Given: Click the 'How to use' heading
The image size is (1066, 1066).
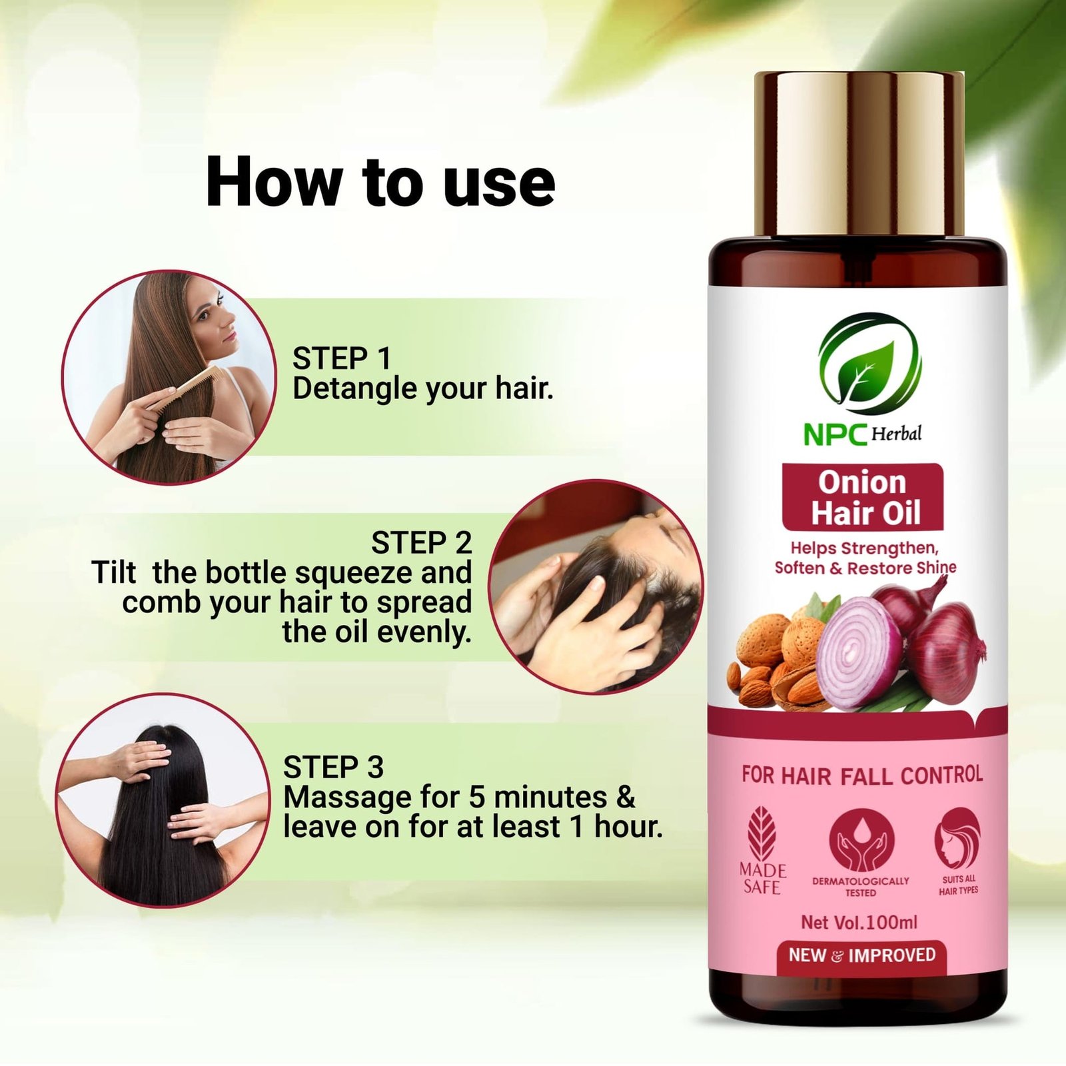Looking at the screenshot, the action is (380, 182).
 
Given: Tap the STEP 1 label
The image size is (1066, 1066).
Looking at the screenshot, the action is (342, 358).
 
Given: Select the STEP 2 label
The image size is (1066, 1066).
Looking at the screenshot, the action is (421, 542).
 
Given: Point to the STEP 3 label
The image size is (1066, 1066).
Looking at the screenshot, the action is (333, 767).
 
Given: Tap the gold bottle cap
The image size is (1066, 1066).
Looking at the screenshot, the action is (859, 155).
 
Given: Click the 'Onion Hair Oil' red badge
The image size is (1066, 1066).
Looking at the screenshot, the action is (863, 497).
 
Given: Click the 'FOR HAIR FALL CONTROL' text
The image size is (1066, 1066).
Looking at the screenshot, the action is (862, 775).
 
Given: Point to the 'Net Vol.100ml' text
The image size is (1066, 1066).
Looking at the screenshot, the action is (859, 922).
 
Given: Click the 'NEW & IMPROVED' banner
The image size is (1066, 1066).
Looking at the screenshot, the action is (862, 955).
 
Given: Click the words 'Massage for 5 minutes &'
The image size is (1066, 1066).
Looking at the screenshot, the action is (460, 797).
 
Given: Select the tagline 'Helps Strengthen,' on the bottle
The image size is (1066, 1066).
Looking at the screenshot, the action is (864, 548).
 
